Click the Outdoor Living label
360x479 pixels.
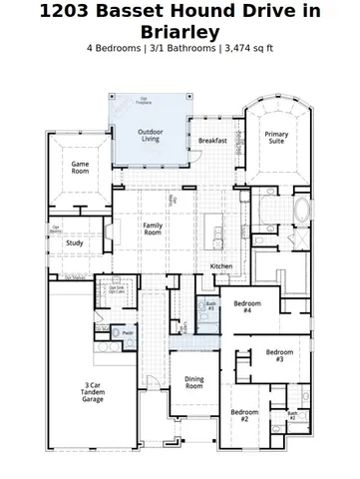point(150,135)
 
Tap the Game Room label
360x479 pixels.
point(80,169)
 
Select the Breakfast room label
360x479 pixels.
point(213,141)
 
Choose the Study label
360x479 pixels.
point(75,242)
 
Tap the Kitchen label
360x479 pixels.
point(221,265)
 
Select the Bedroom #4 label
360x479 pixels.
point(247,306)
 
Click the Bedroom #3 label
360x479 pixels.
point(280,354)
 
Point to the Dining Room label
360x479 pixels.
point(193,382)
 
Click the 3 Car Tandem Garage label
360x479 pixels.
point(93,391)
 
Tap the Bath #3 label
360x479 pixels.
point(210,305)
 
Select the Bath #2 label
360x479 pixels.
point(292,415)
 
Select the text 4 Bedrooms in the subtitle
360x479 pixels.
point(115,48)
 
